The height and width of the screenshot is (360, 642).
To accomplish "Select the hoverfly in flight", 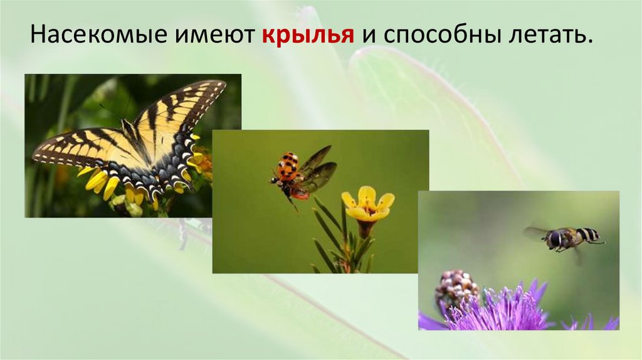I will coord(567,238).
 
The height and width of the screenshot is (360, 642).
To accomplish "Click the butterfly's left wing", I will coord(88,148).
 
